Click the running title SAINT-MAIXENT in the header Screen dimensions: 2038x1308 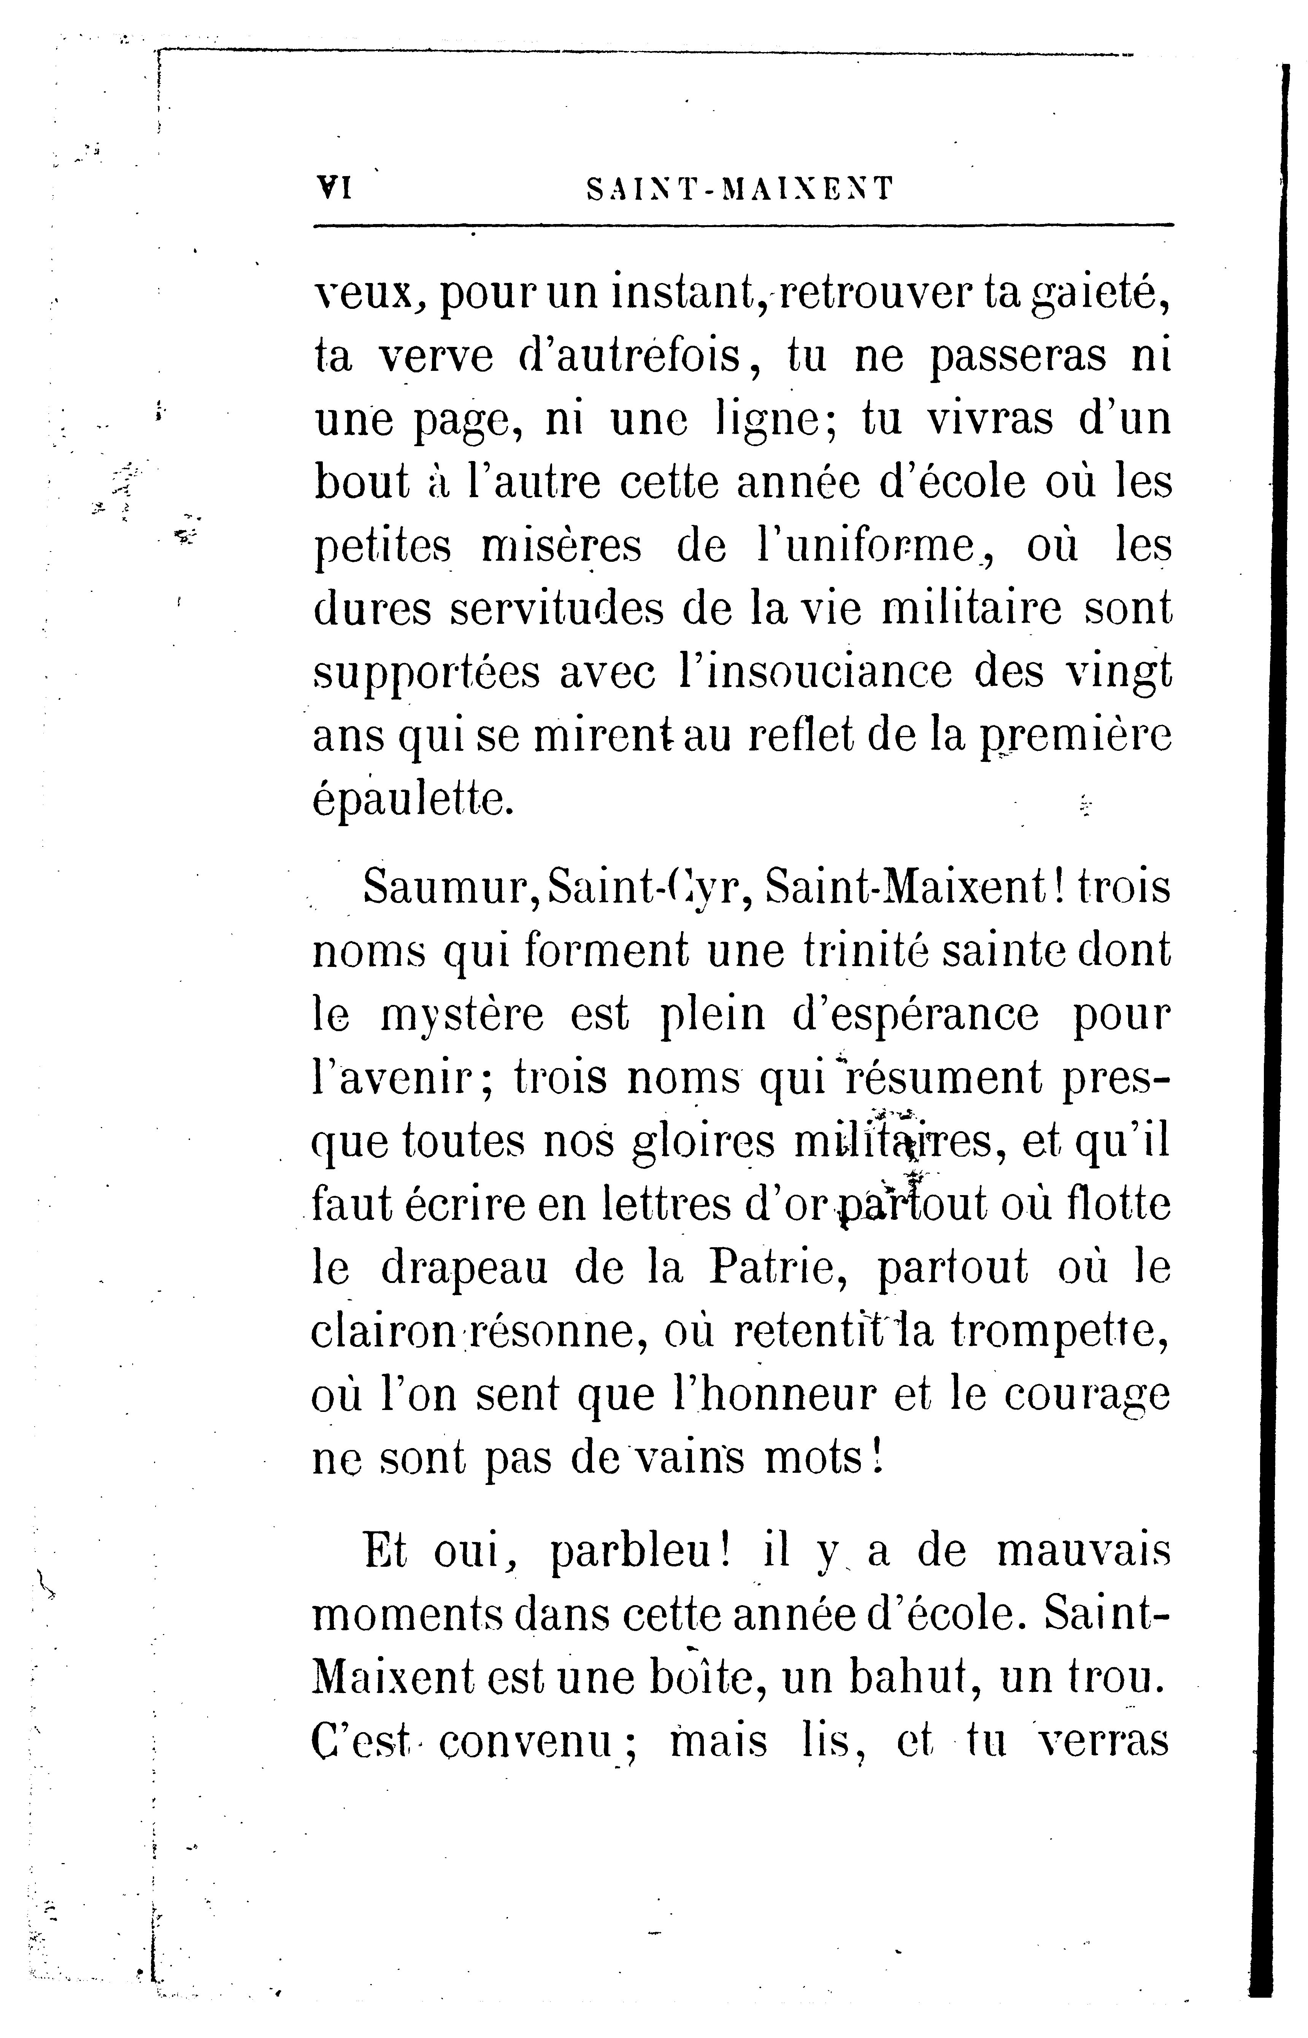pos(741,189)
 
